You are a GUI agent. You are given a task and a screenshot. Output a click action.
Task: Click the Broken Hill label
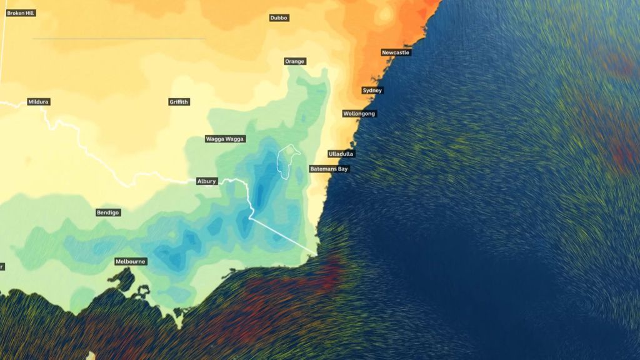tap(21, 12)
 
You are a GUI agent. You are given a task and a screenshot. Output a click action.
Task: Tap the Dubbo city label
tap(279, 18)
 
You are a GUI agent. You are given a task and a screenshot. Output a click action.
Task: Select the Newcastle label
tap(396, 52)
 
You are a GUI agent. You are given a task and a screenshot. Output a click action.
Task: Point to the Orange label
tap(294, 61)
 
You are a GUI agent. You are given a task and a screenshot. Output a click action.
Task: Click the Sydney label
tap(372, 91)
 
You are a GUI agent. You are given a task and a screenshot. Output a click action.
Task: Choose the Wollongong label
tap(359, 114)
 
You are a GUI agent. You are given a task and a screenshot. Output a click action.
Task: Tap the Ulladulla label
tap(341, 154)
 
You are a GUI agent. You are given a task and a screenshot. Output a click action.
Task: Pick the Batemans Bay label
tap(329, 169)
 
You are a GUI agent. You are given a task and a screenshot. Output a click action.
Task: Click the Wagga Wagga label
tap(225, 139)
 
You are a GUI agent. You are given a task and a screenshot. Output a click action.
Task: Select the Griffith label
tap(179, 102)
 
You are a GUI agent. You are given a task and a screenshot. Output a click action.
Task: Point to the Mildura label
tap(39, 102)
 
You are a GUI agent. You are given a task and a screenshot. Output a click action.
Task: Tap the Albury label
tap(206, 181)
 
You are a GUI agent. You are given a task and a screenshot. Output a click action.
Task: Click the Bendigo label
tap(108, 212)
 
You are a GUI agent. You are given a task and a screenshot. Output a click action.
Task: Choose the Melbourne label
tap(131, 261)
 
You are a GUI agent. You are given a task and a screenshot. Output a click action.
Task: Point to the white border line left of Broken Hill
tap(4, 37)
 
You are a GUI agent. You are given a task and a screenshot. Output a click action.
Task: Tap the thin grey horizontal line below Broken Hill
tap(119, 39)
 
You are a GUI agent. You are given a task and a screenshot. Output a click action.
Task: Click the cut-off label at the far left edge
tap(2, 267)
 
